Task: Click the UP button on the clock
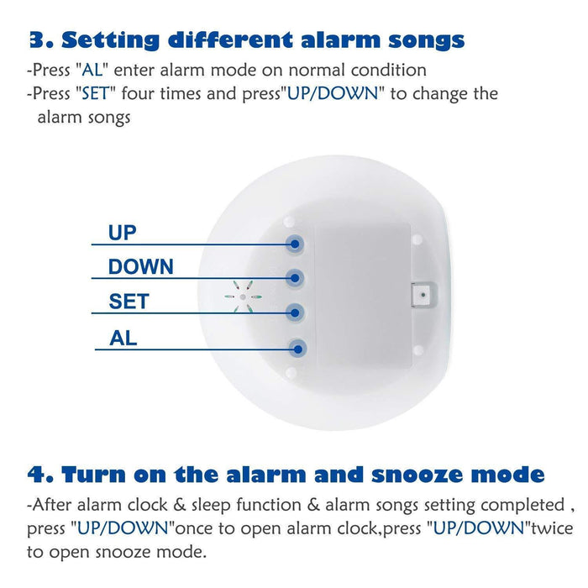[x=295, y=244]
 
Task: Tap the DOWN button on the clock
[x=295, y=277]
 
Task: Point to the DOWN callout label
[x=141, y=267]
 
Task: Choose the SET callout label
[x=128, y=301]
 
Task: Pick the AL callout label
[x=123, y=339]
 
